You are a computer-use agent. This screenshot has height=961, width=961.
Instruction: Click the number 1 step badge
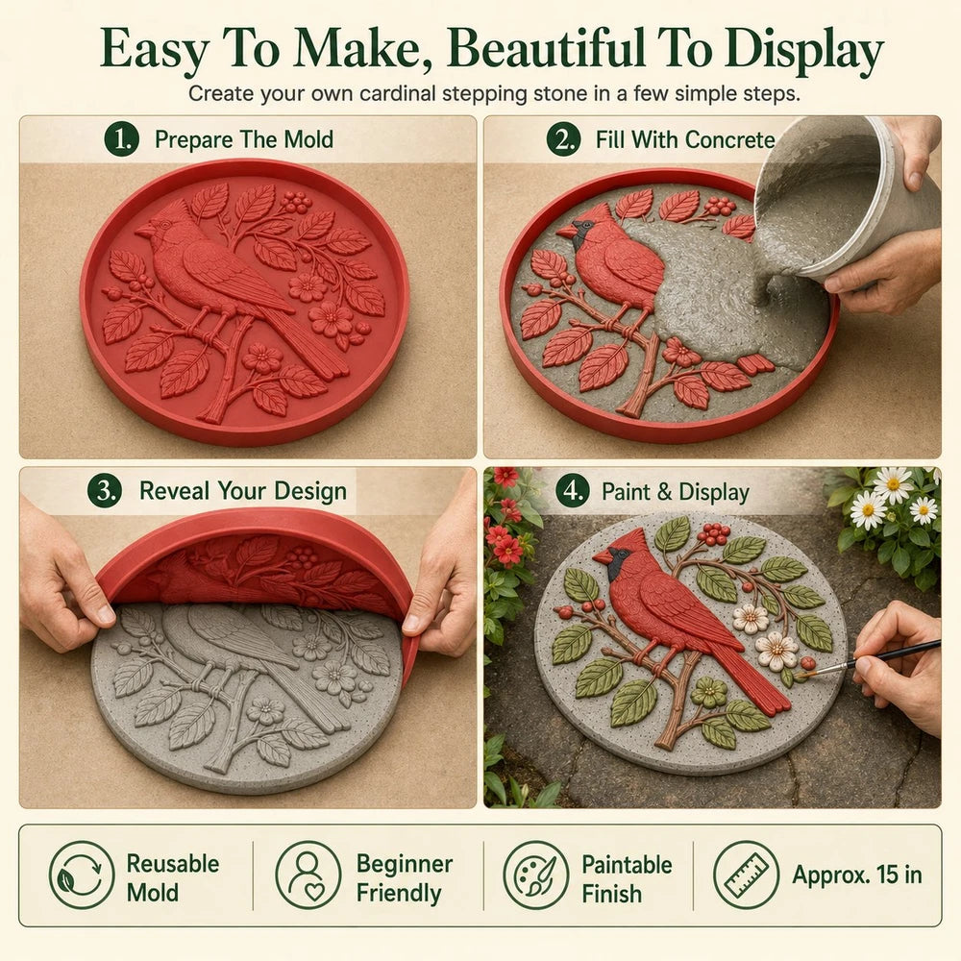click(121, 139)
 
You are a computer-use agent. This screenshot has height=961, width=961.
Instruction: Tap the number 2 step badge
click(563, 139)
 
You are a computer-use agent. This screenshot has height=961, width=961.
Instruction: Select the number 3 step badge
click(105, 490)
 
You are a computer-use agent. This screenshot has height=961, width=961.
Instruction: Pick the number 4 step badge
click(572, 491)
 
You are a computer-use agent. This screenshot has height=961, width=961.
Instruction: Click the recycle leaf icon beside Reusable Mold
click(82, 875)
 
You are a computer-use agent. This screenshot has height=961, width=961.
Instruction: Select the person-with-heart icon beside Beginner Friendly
click(308, 875)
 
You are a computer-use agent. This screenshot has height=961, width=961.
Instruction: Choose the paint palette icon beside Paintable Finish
click(536, 875)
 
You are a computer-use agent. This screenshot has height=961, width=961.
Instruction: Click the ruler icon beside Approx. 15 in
click(747, 875)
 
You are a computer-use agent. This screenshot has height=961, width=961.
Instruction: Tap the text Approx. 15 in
click(857, 875)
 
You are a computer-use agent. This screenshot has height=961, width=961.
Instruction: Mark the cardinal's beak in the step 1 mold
click(144, 231)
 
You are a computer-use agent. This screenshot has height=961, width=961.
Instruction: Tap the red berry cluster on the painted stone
click(713, 534)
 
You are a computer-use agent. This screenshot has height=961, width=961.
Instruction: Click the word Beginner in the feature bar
click(405, 864)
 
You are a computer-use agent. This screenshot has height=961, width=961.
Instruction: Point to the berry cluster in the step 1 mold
click(297, 202)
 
